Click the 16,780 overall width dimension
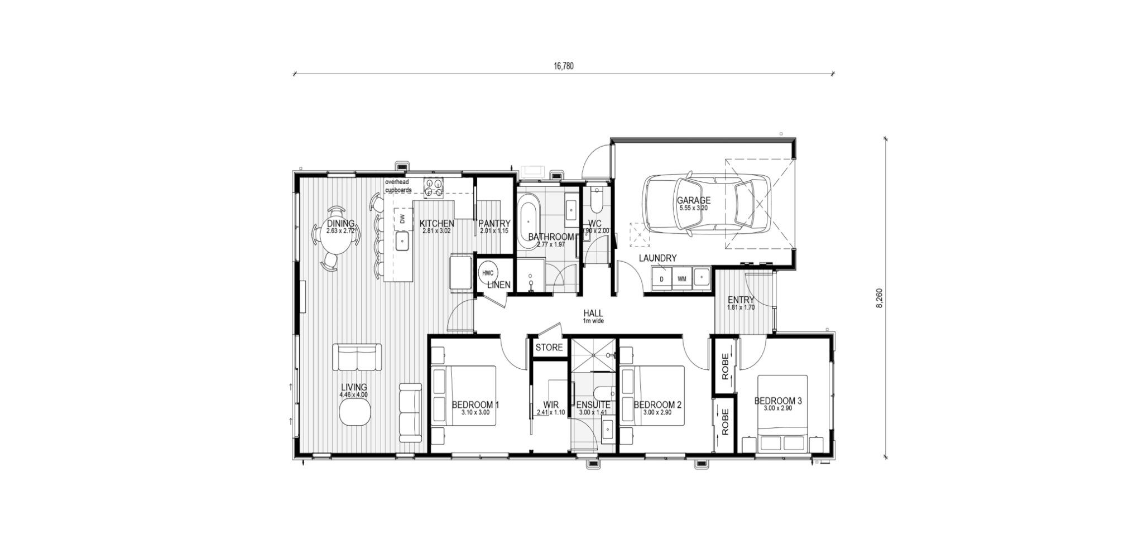[x=563, y=66]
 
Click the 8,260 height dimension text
[x=880, y=298]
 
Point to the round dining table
[x=339, y=239]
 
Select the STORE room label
[x=549, y=348]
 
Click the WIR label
[x=550, y=404]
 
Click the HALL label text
[x=593, y=313]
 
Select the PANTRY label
[x=494, y=223]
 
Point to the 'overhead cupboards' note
[x=398, y=186]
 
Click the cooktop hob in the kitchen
[x=434, y=187]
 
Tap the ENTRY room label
[x=741, y=300]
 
